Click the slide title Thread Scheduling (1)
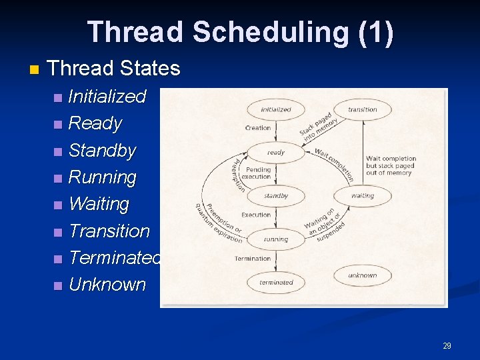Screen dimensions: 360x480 click(240, 32)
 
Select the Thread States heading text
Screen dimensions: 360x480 click(114, 68)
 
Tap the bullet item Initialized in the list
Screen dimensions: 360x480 click(107, 97)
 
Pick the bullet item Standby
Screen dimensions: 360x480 click(102, 151)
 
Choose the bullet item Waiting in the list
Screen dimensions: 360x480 click(99, 204)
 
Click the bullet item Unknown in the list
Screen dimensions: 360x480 click(107, 285)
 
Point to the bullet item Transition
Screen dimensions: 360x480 click(109, 231)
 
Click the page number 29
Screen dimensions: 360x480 click(447, 345)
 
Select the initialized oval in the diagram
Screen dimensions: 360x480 click(275, 109)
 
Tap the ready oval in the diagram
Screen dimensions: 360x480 click(275, 153)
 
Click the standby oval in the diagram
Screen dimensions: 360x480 click(275, 196)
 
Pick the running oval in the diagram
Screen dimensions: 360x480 click(275, 239)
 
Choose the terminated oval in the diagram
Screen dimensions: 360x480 click(275, 282)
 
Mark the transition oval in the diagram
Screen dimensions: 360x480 click(362, 109)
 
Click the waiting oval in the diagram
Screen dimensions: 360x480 click(362, 196)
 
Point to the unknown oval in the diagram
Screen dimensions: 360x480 click(362, 275)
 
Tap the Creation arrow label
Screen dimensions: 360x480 click(258, 128)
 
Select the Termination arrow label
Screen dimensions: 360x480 click(253, 259)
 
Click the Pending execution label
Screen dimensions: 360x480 click(257, 173)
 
